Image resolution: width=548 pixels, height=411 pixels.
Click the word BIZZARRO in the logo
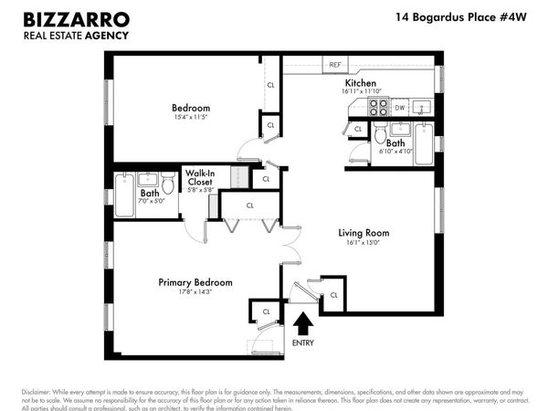tap(75, 18)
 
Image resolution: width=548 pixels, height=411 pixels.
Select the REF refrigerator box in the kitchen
tap(335, 65)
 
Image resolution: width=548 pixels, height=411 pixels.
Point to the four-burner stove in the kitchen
tap(378, 108)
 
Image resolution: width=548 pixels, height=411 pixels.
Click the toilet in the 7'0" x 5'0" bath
tap(168, 185)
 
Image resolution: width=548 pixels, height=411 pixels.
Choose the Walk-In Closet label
tap(200, 177)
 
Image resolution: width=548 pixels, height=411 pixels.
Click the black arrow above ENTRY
tap(303, 323)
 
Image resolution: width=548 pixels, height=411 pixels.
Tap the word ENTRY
tap(303, 342)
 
